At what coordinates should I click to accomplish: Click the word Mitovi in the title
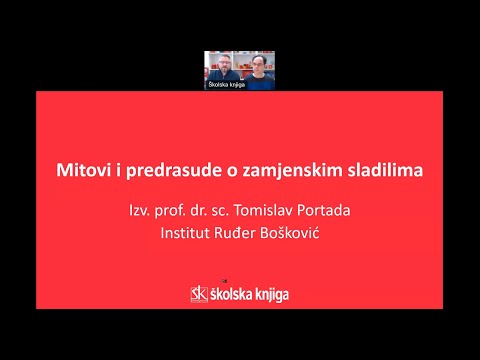(x=83, y=170)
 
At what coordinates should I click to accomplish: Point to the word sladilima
(x=381, y=170)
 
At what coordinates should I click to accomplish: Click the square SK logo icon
(x=199, y=293)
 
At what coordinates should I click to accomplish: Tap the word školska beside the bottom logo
(x=232, y=293)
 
